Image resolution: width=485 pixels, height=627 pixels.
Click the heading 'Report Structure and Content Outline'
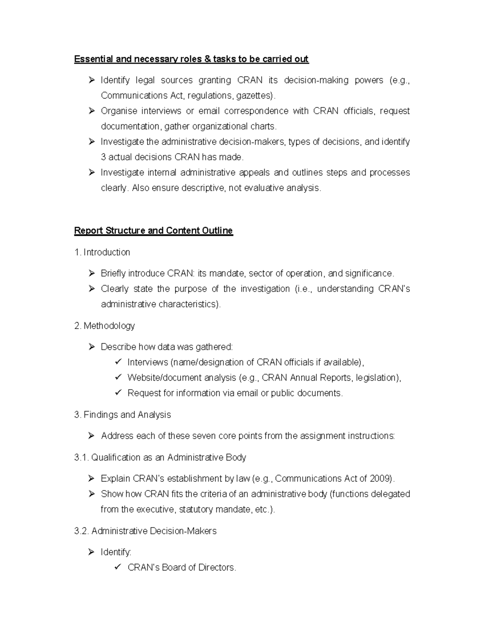pos(153,231)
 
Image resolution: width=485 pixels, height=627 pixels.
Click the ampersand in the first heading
pos(208,59)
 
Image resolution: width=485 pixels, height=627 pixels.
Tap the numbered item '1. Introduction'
pos(102,252)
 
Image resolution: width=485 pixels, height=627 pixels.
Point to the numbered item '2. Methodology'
pos(104,326)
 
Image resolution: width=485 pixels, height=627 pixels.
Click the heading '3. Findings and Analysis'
pos(122,415)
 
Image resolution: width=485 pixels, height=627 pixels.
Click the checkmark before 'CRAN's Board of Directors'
pos(118,567)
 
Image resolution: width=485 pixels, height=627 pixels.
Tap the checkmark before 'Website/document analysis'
pos(118,377)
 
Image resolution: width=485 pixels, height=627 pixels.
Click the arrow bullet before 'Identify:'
pos(92,552)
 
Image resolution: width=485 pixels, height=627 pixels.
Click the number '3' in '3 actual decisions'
pos(103,157)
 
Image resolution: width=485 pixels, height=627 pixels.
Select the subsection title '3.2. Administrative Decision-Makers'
pos(145,531)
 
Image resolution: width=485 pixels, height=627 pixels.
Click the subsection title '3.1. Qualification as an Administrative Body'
pos(160,457)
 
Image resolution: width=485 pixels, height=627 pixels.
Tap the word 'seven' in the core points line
pos(204,436)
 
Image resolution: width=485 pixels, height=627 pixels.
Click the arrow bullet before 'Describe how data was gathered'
pos(92,347)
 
